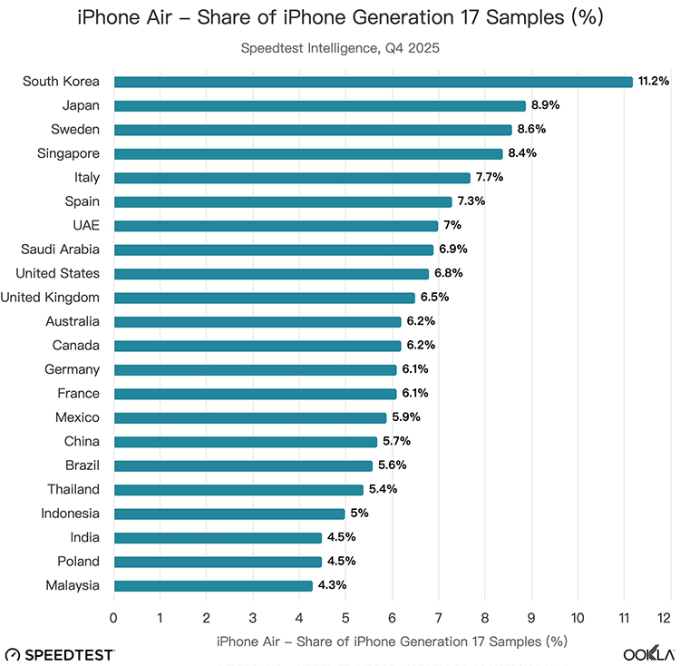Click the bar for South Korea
click(373, 82)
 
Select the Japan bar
click(319, 105)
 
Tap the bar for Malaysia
click(213, 585)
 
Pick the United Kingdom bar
click(264, 298)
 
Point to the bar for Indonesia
click(229, 514)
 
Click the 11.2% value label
click(653, 82)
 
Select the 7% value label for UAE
click(452, 226)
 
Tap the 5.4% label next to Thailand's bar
click(382, 490)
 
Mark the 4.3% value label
click(331, 585)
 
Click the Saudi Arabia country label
click(61, 250)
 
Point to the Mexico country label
click(77, 417)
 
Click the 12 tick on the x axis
click(670, 618)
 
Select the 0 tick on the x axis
click(113, 618)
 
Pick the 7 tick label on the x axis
click(438, 618)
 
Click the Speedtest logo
click(60, 654)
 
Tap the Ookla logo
click(648, 654)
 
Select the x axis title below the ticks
click(392, 641)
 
